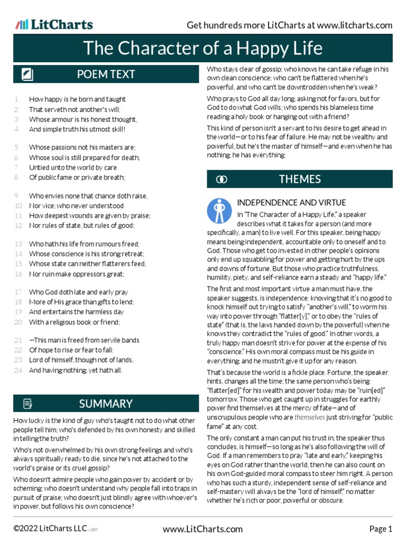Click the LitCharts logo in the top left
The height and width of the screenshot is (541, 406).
54,24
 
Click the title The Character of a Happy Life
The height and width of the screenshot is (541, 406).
203,49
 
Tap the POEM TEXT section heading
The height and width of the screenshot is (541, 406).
106,74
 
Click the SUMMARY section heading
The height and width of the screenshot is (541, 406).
106,404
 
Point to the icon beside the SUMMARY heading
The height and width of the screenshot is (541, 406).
27,404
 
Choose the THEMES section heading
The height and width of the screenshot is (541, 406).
300,179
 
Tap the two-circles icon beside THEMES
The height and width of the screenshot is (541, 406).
222,180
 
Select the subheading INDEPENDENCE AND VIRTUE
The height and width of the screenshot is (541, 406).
291,202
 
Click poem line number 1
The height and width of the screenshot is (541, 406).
17,99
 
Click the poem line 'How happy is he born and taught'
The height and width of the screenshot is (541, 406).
77,99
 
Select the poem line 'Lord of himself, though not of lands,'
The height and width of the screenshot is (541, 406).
81,360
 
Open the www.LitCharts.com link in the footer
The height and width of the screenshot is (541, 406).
203,529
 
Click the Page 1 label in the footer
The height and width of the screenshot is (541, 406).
381,529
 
